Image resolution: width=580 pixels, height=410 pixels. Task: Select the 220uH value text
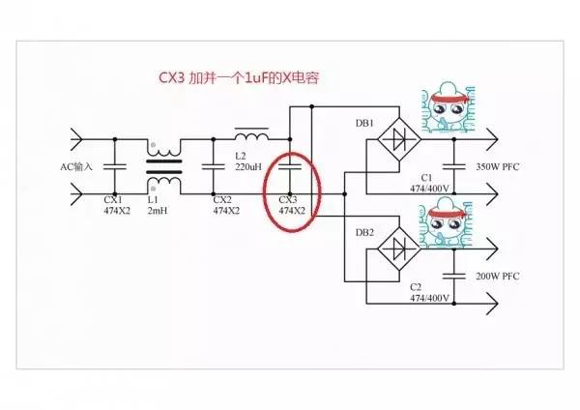pyautogui.click(x=249, y=165)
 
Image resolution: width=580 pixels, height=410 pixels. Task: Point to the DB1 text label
pyautogui.click(x=364, y=122)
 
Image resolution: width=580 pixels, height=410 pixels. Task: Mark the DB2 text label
pyautogui.click(x=364, y=232)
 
